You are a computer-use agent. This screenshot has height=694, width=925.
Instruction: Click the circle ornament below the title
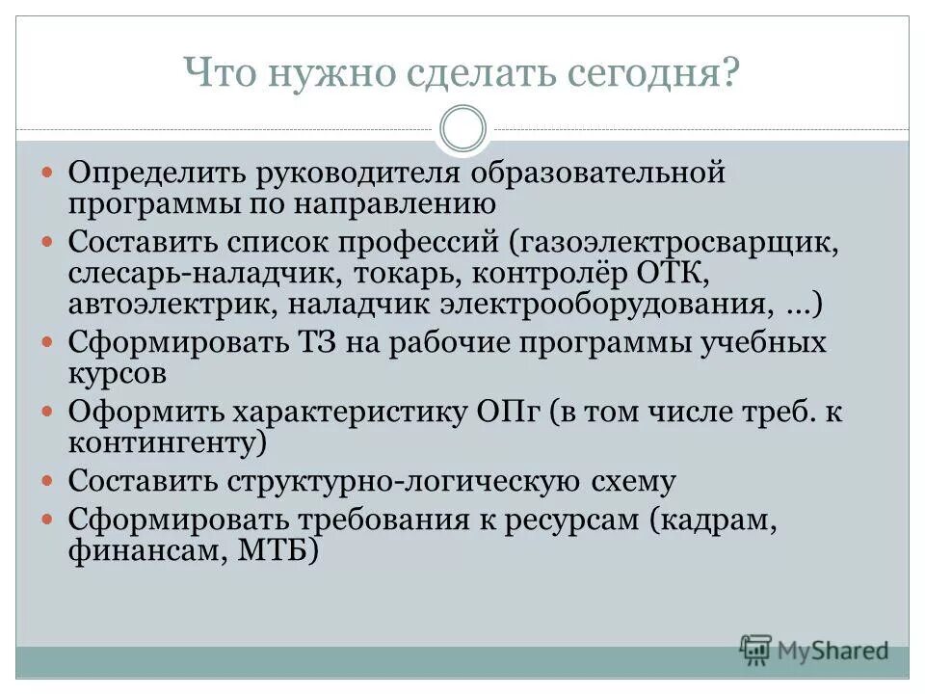[x=462, y=129]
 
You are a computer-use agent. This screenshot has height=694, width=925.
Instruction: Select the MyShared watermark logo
[x=814, y=650]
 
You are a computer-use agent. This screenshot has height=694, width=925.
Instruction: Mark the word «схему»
[x=632, y=480]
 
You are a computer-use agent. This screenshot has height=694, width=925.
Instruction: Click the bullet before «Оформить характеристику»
[x=49, y=410]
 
